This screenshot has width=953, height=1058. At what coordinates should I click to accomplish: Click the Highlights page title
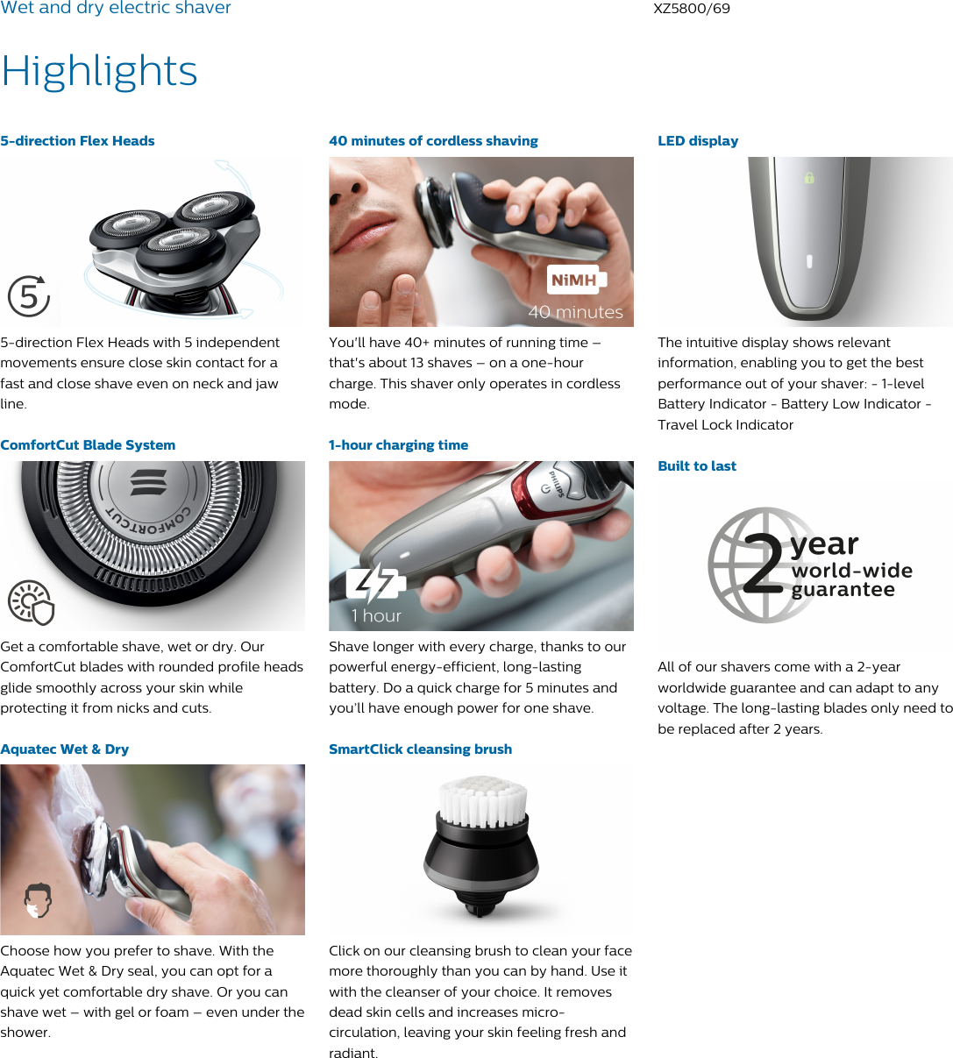(99, 71)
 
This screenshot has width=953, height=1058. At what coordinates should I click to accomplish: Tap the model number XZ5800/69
(691, 9)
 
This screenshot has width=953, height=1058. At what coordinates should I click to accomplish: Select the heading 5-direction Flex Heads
(77, 141)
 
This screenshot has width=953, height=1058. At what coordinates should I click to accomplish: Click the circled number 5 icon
(29, 296)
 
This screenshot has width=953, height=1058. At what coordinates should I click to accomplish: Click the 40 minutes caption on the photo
(575, 312)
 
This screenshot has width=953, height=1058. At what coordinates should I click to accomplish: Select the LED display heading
(698, 141)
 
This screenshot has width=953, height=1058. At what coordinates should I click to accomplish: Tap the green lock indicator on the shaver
(809, 178)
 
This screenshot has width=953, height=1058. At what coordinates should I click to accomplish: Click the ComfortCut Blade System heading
(88, 445)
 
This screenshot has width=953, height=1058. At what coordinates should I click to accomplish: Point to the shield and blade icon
(32, 603)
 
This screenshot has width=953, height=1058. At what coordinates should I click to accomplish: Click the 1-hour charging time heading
(398, 445)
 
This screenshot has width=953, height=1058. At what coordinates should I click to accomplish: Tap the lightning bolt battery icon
(375, 585)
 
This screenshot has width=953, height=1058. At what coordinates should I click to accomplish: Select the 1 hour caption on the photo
(376, 616)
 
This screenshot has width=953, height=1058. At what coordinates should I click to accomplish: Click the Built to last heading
(697, 466)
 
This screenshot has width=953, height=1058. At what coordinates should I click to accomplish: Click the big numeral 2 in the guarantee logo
(764, 565)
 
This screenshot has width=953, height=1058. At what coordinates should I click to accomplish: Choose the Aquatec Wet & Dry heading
(65, 749)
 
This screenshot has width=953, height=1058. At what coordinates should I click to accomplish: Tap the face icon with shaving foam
(38, 900)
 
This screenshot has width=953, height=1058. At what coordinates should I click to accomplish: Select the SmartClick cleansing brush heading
(420, 749)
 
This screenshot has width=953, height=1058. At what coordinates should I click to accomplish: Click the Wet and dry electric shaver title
(116, 9)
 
